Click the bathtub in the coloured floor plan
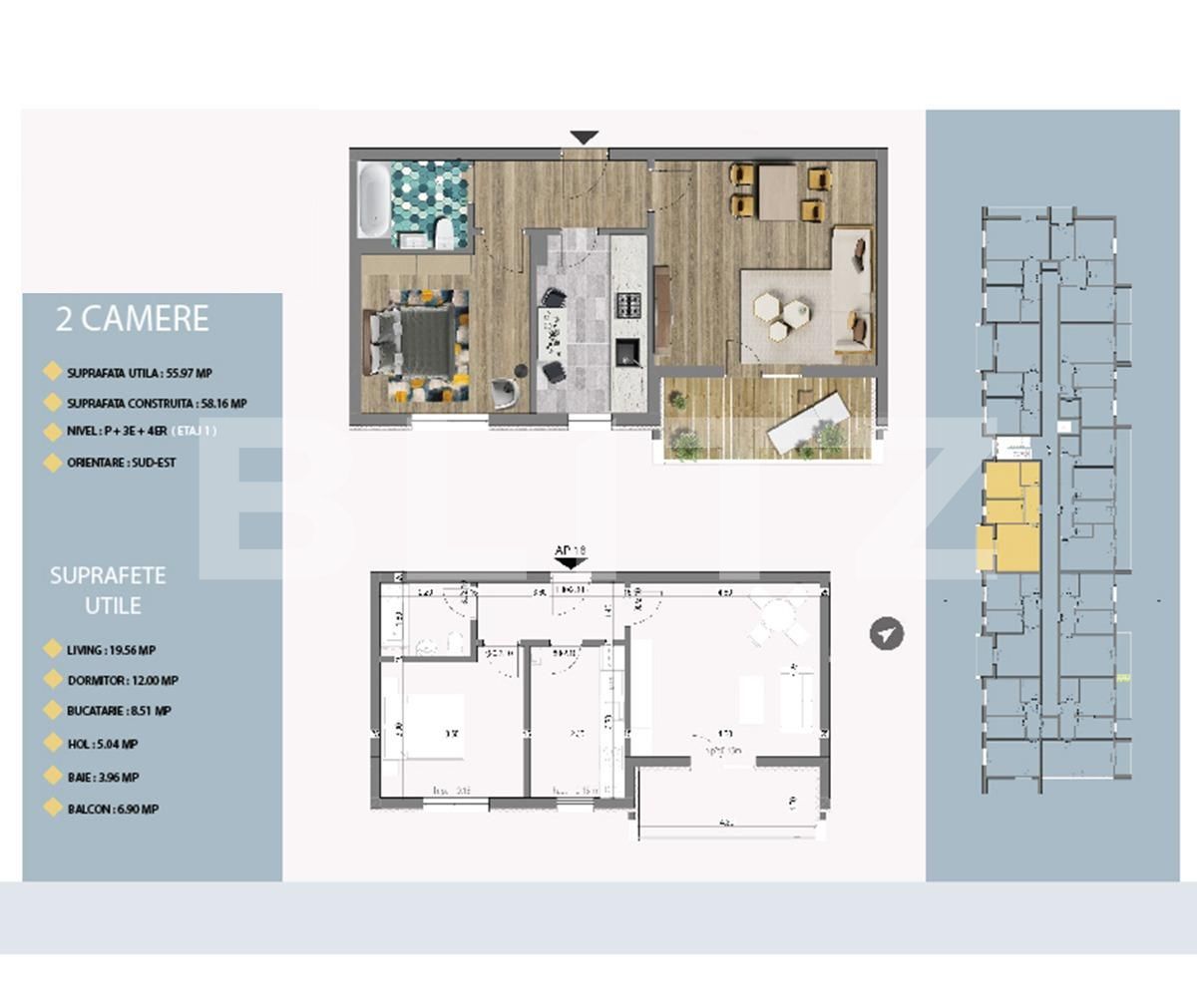375,200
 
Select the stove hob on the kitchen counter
629,305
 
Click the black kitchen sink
627,351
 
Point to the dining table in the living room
778,191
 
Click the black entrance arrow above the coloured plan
584,138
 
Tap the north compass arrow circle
886,633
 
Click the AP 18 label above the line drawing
570,550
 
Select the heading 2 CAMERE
133,319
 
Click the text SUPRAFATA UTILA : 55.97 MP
140,373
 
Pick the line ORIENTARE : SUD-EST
122,464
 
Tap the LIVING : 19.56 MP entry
111,650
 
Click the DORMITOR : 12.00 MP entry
123,681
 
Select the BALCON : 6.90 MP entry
113,810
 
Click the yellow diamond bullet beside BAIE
53,777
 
